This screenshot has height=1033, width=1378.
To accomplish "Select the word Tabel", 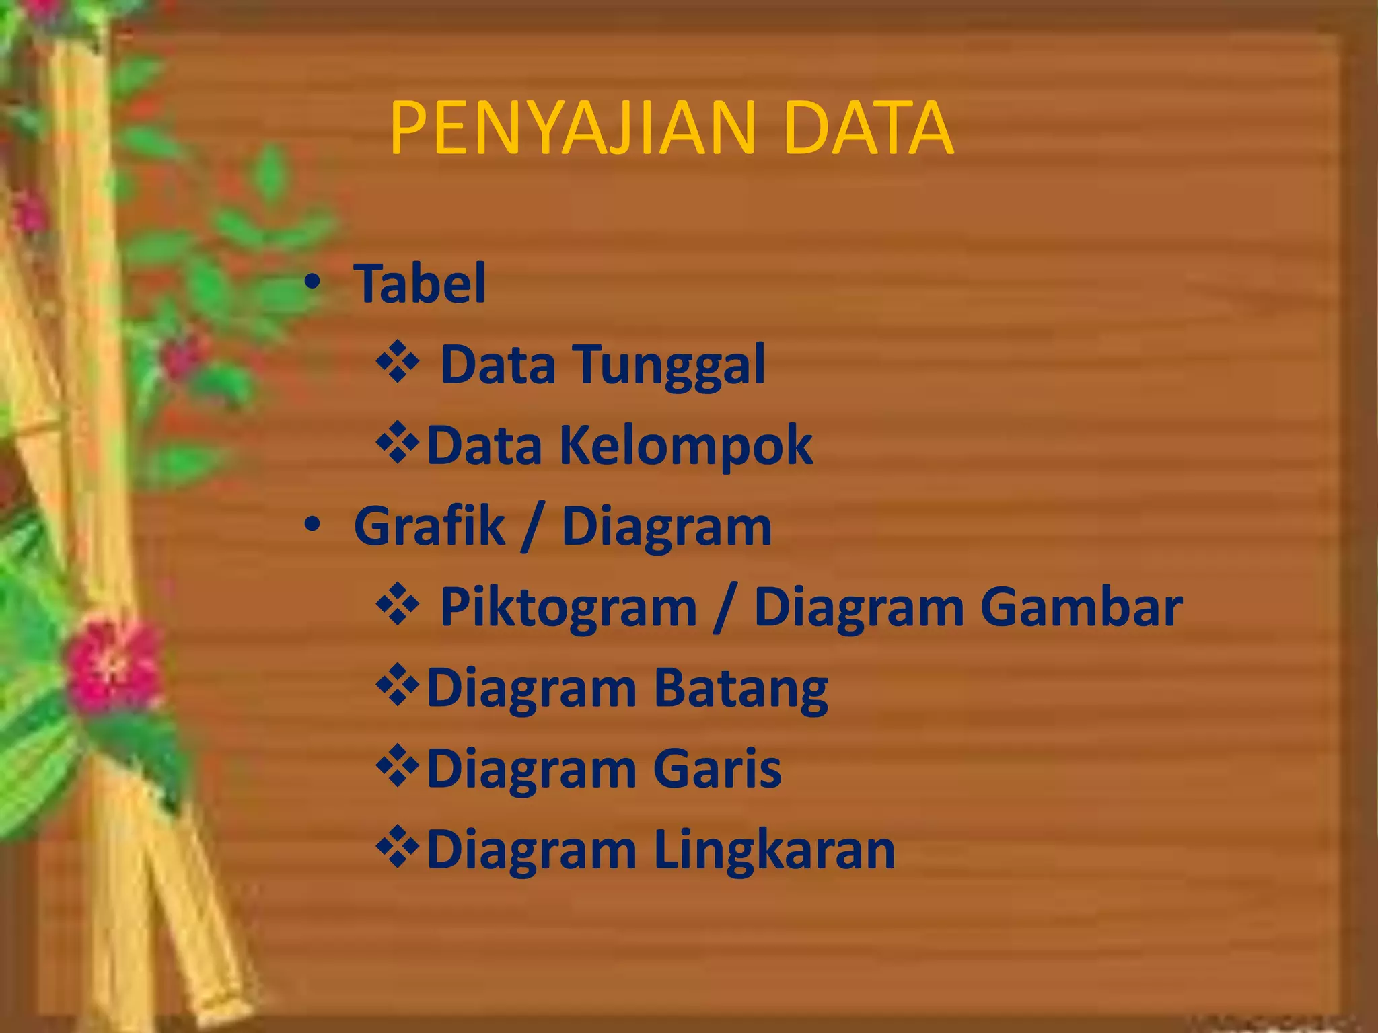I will click(420, 284).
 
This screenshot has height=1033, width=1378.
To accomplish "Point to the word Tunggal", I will click(669, 365).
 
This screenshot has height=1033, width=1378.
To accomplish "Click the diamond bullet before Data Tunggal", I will click(398, 362).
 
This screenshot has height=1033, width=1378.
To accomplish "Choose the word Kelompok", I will click(686, 445).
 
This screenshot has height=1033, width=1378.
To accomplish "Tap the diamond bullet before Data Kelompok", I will click(398, 443).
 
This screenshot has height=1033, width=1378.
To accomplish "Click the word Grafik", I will click(429, 526).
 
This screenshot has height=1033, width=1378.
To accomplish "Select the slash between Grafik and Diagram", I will click(532, 527).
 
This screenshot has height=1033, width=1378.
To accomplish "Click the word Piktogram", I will click(568, 608).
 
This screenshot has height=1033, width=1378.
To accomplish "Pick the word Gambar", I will click(1081, 607).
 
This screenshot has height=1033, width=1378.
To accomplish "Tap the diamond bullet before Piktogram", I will click(398, 604).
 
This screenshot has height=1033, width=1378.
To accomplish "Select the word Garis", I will click(717, 769).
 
